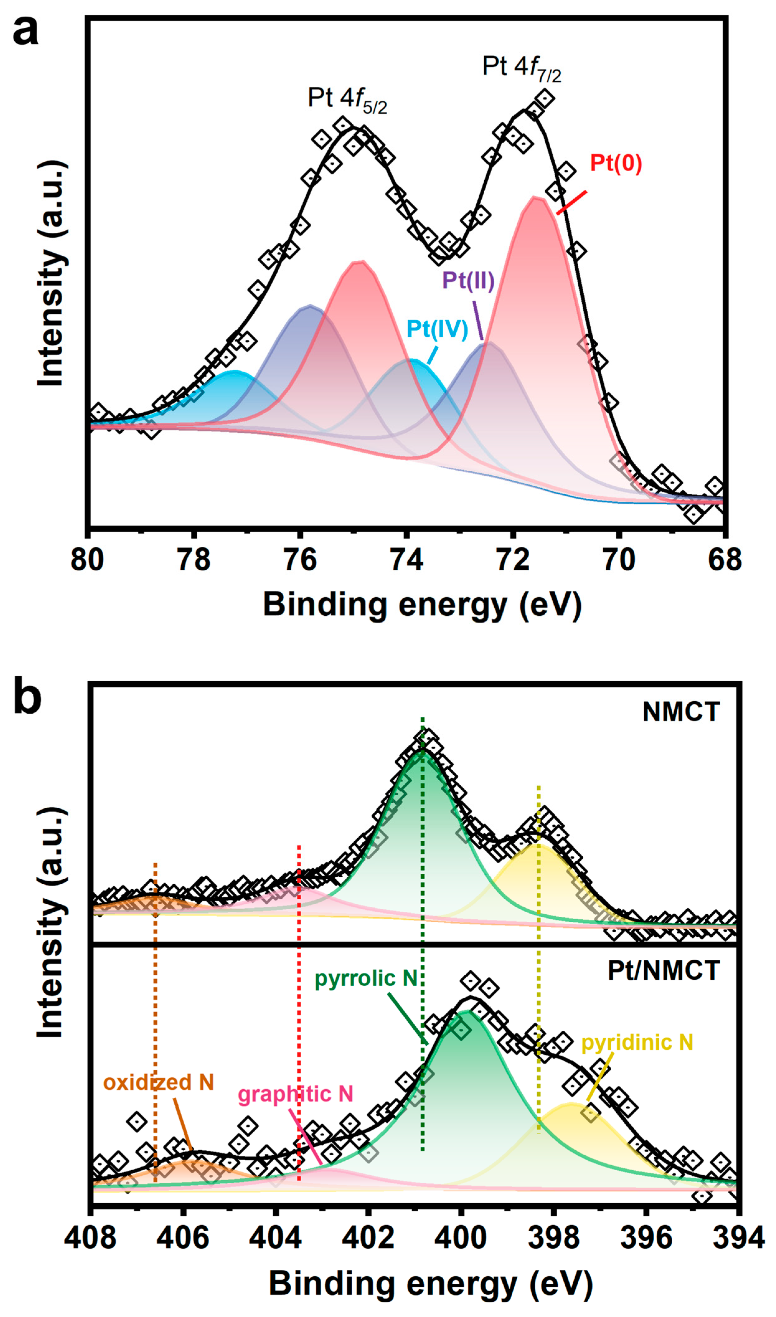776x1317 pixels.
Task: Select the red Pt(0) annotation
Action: pyautogui.click(x=615, y=164)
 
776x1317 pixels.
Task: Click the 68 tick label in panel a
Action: pyautogui.click(x=725, y=559)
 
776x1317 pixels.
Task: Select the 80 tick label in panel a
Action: pyautogui.click(x=87, y=559)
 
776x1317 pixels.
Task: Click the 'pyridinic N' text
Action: pyautogui.click(x=637, y=1042)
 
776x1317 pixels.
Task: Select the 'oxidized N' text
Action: pyautogui.click(x=158, y=1082)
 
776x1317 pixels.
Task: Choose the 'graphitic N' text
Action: pyautogui.click(x=295, y=1094)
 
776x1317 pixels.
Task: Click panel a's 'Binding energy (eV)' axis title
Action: pyautogui.click(x=422, y=606)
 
